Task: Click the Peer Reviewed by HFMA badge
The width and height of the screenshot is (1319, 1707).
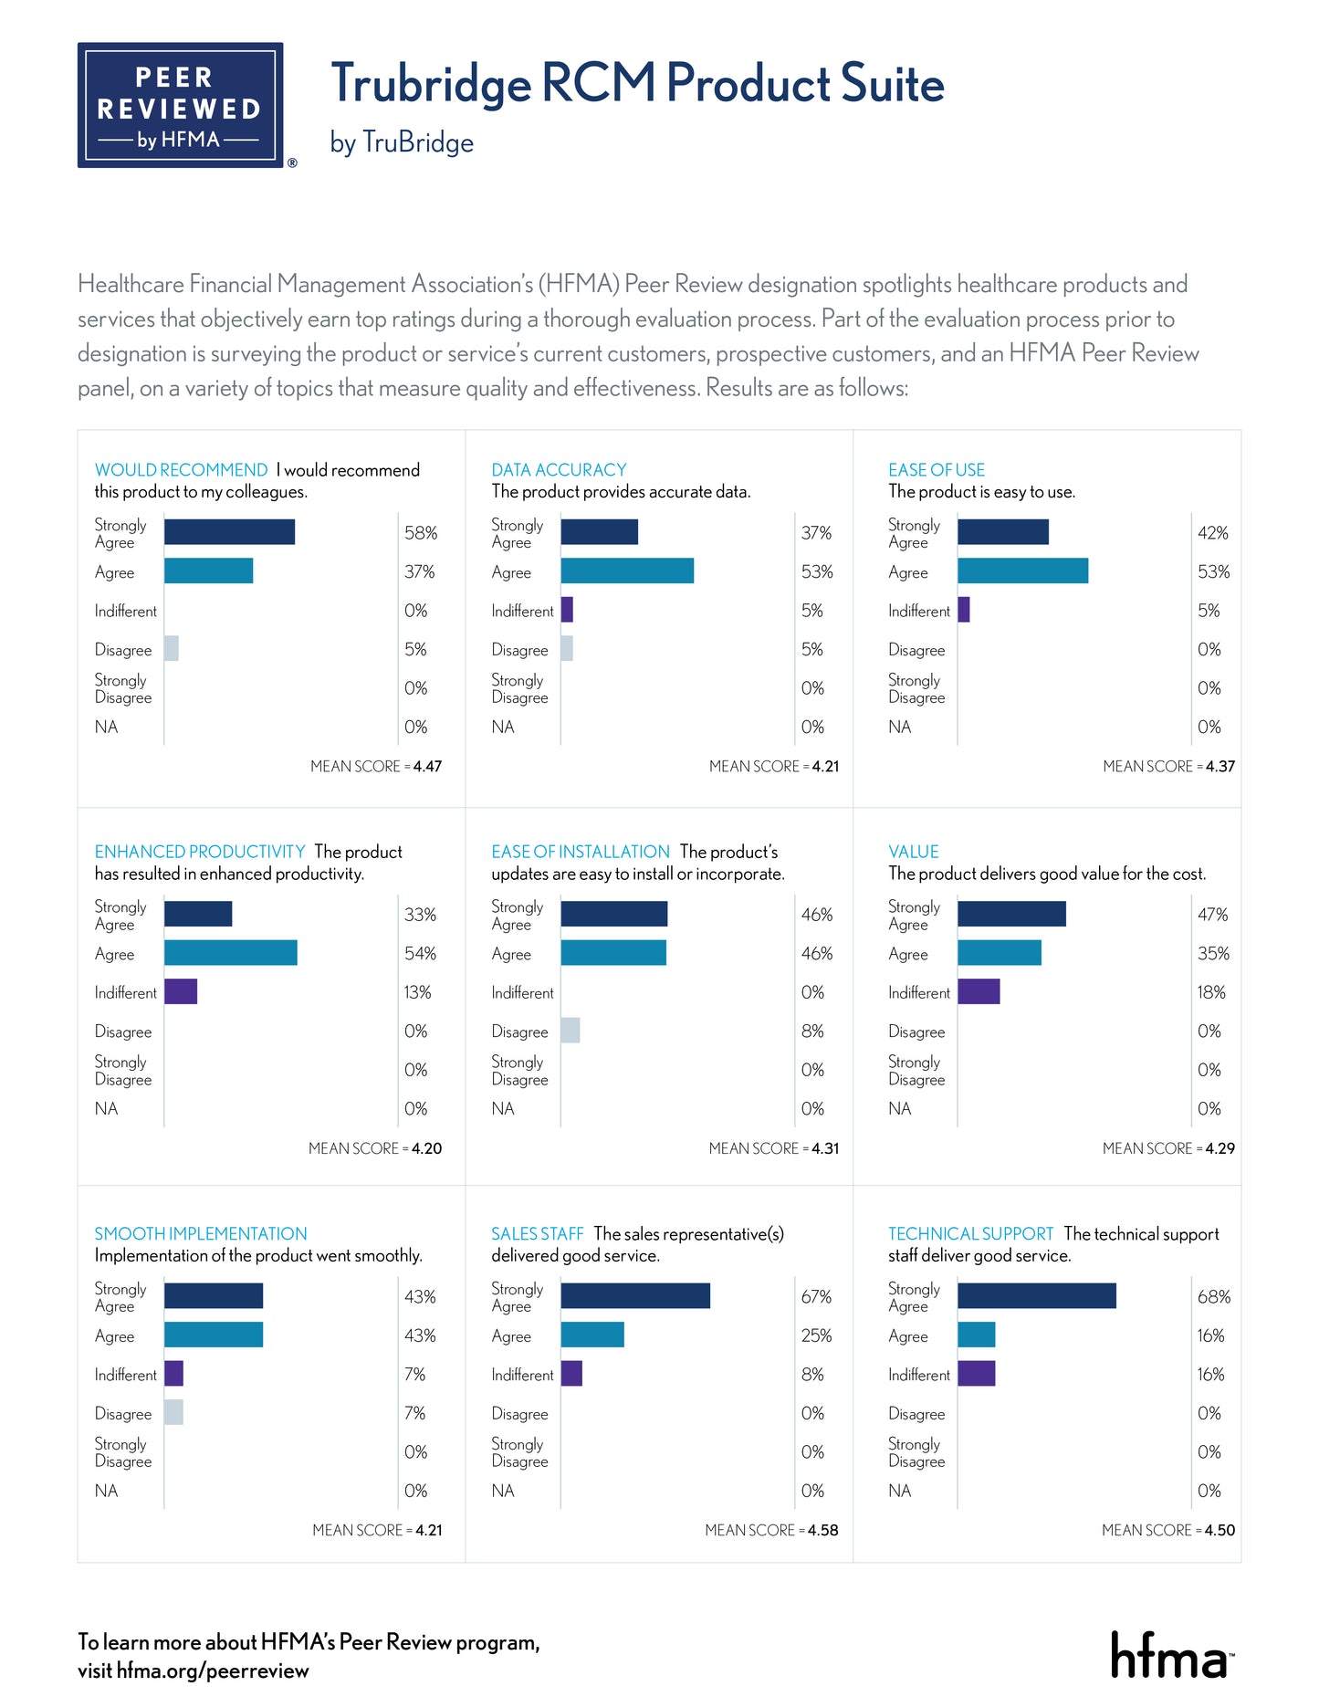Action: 180,105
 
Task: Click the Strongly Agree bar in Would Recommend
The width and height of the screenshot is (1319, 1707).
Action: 229,532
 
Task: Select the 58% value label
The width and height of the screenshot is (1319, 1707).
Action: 421,533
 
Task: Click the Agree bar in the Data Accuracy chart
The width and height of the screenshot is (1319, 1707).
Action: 627,571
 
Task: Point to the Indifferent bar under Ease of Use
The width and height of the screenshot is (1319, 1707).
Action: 964,610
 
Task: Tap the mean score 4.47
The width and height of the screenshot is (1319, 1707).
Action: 427,767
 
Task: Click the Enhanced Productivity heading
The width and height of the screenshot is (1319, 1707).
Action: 200,852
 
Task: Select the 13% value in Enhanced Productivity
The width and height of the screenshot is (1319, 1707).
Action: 418,992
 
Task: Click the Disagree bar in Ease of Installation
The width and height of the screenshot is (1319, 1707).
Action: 571,1031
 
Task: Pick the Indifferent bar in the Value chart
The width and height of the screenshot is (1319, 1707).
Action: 979,992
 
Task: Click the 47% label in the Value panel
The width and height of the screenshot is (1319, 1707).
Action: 1213,915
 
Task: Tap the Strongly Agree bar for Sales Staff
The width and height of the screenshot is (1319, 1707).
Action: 635,1296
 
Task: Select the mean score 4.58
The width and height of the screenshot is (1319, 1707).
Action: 822,1531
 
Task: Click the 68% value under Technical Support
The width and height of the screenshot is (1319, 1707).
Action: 1214,1297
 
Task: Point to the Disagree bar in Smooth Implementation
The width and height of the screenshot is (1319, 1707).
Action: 173,1413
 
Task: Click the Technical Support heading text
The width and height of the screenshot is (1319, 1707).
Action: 970,1234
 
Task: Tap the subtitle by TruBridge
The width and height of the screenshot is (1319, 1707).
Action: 402,143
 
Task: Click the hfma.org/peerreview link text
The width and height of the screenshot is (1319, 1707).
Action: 213,1671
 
